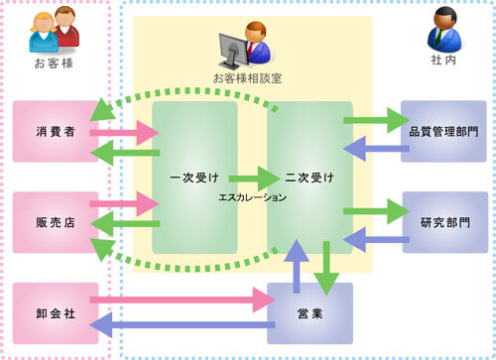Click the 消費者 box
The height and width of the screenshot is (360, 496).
[56, 131]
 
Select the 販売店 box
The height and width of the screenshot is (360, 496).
[56, 224]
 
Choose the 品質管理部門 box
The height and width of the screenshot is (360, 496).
[444, 131]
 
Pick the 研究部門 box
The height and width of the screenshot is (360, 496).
[444, 224]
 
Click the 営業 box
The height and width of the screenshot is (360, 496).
[310, 313]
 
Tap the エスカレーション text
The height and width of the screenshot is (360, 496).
[253, 198]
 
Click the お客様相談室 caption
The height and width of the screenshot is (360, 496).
[247, 77]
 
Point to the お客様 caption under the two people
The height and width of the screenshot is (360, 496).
[55, 63]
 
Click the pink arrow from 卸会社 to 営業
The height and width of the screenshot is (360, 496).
[179, 298]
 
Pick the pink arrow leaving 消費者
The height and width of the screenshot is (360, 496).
[123, 131]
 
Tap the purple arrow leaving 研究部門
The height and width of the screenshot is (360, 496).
[373, 239]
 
